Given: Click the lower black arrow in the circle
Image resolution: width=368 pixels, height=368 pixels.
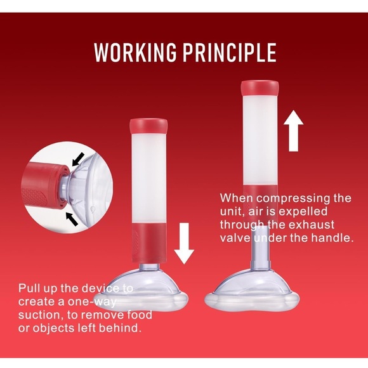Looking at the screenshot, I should click(73, 219).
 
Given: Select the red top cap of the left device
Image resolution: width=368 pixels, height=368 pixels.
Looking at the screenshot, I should click(147, 126).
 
